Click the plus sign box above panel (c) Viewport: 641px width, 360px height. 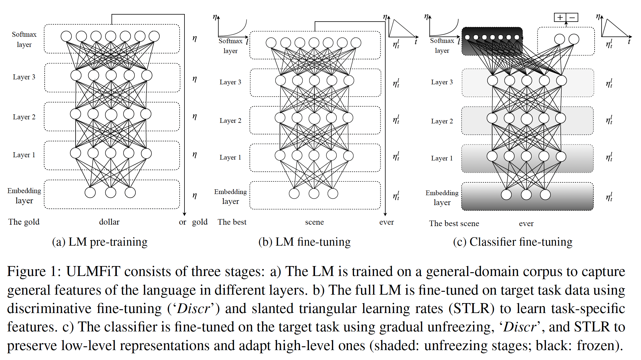point(560,18)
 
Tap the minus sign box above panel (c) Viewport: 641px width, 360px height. point(572,18)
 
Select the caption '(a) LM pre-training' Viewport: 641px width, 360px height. point(100,242)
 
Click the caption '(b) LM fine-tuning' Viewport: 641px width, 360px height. point(304,242)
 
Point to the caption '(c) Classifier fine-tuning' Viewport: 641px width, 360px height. point(513,242)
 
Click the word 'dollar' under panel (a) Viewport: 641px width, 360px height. point(109,222)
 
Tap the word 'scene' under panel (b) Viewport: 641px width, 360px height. point(314,222)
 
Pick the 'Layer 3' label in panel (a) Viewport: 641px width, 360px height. point(24,77)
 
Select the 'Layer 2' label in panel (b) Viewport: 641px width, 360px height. point(230,121)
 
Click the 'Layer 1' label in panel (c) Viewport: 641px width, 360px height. point(442,158)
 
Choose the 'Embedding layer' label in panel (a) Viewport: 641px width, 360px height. point(24,195)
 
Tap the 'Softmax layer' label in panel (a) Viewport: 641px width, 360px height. point(24,39)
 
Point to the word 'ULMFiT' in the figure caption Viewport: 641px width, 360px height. point(93,272)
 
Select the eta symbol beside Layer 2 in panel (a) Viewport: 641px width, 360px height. point(195,116)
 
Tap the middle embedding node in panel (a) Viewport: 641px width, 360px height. point(111,193)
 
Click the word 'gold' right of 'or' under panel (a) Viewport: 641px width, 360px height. point(200,222)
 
